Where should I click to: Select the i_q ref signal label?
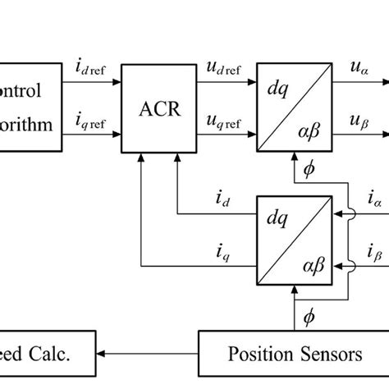click(x=91, y=124)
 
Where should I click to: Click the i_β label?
click(x=373, y=251)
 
